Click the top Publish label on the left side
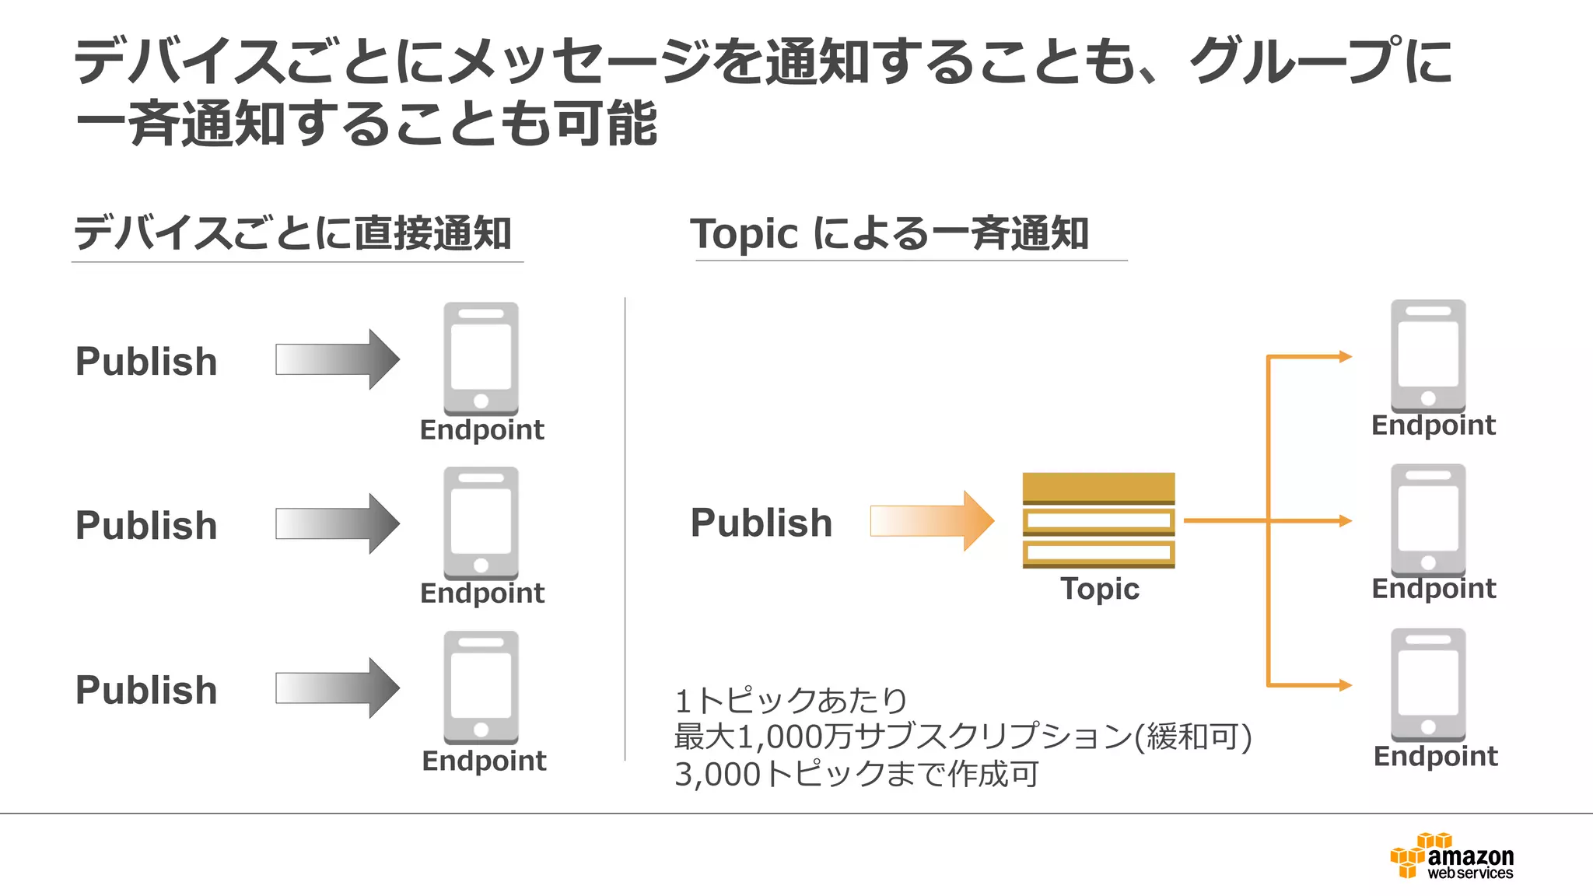(146, 362)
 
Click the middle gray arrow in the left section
(337, 523)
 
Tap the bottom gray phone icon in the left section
(481, 687)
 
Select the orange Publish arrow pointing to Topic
(931, 520)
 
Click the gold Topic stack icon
(1098, 520)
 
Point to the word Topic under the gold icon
(1099, 589)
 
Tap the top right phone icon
(1427, 356)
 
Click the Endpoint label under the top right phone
(1433, 425)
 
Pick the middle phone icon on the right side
(1427, 520)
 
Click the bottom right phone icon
(1427, 684)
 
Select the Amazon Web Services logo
(1451, 856)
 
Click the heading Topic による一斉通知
(889, 233)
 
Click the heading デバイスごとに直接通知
(292, 233)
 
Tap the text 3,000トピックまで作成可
(856, 774)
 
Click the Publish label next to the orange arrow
(761, 523)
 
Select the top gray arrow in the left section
(337, 359)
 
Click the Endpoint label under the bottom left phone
(484, 761)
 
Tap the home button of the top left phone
(481, 401)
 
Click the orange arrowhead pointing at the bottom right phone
(1345, 685)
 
